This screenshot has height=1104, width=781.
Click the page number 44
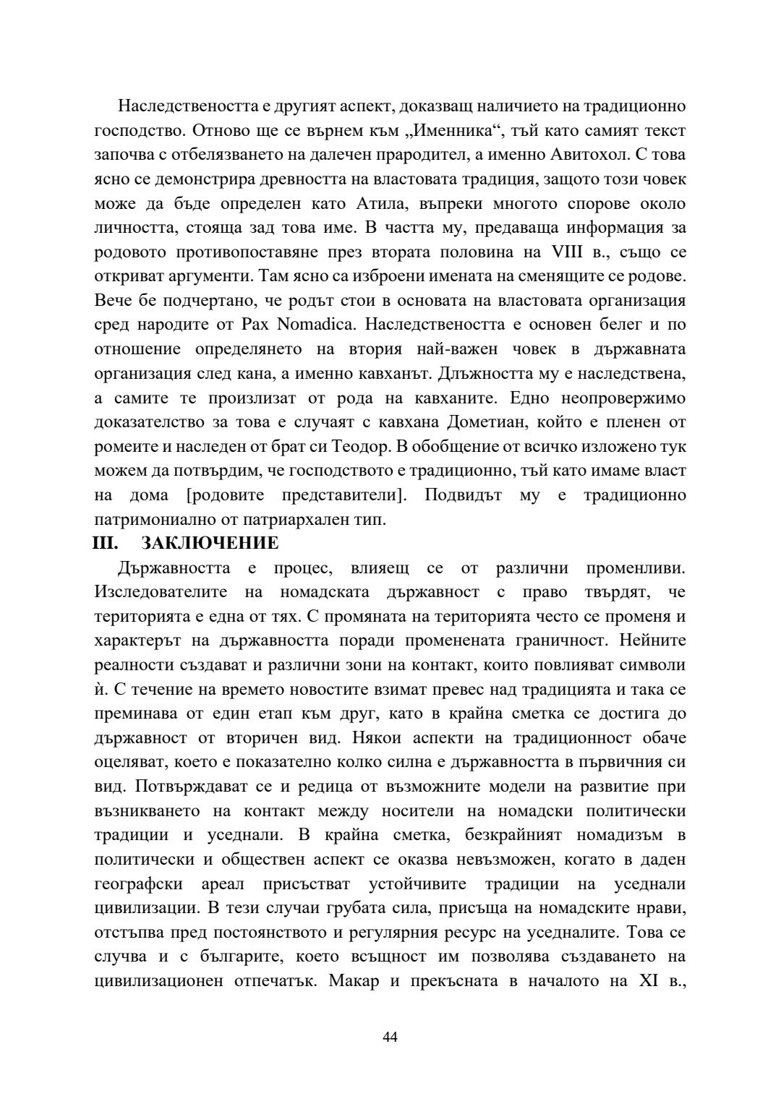[x=390, y=1037]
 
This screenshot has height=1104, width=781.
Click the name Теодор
[x=401, y=446]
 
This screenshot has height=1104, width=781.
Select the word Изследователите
[x=161, y=592]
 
